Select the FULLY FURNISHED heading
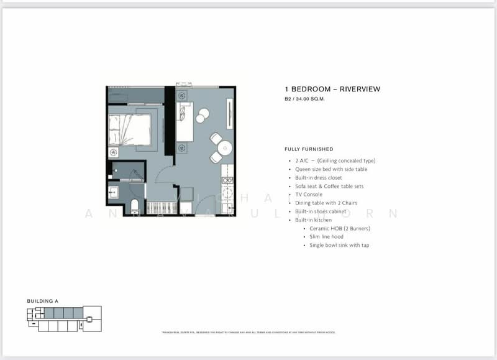click(309, 149)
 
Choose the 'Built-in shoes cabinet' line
click(320, 211)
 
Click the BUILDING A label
click(42, 301)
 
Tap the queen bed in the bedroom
click(132, 129)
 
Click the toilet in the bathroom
click(134, 206)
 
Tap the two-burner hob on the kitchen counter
click(227, 181)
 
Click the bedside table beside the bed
click(114, 152)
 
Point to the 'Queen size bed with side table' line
click(332, 169)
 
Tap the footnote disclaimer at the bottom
click(248, 333)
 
